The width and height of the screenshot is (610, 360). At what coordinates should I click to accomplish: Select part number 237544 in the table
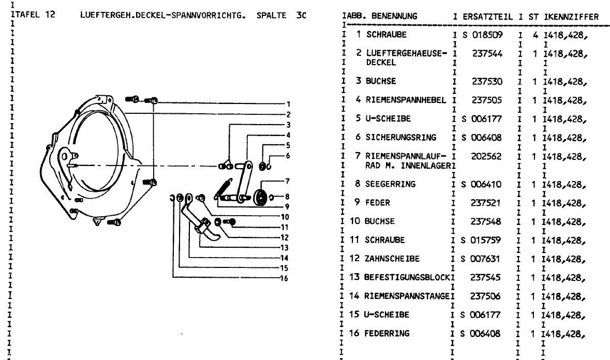pyautogui.click(x=487, y=53)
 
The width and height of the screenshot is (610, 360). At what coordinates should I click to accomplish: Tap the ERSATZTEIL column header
pyautogui.click(x=488, y=17)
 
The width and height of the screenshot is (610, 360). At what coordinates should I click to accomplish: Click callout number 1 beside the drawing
pyautogui.click(x=288, y=104)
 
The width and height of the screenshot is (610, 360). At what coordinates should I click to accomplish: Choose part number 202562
pyautogui.click(x=487, y=156)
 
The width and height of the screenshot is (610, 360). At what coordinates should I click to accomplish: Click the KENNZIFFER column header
pyautogui.click(x=572, y=17)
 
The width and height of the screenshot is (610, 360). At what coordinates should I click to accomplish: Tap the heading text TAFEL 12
pyautogui.click(x=34, y=14)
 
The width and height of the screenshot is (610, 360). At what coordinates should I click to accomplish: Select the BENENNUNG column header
pyautogui.click(x=394, y=17)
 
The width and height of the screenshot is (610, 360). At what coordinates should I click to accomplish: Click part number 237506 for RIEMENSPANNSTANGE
pyautogui.click(x=487, y=296)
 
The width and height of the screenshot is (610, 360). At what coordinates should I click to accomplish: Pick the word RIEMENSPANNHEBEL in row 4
pyautogui.click(x=406, y=100)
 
